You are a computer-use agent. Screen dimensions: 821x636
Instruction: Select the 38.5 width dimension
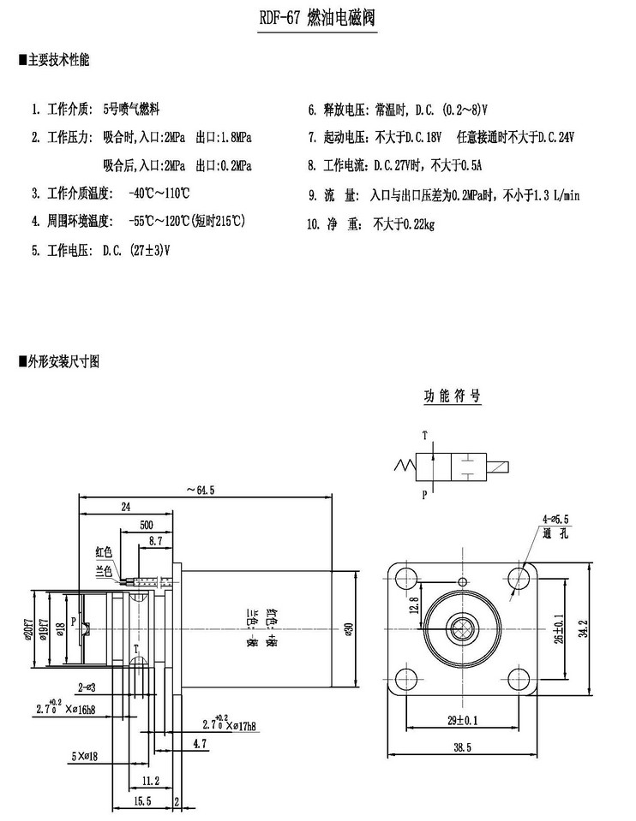tap(463, 747)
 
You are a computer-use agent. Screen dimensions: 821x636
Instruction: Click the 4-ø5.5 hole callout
tap(555, 519)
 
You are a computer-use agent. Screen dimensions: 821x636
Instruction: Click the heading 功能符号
tap(452, 396)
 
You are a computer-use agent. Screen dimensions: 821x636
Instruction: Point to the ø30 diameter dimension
tap(347, 631)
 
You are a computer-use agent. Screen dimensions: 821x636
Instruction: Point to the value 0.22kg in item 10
tap(415, 225)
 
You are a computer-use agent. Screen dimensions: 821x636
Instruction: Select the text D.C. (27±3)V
tap(135, 251)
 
